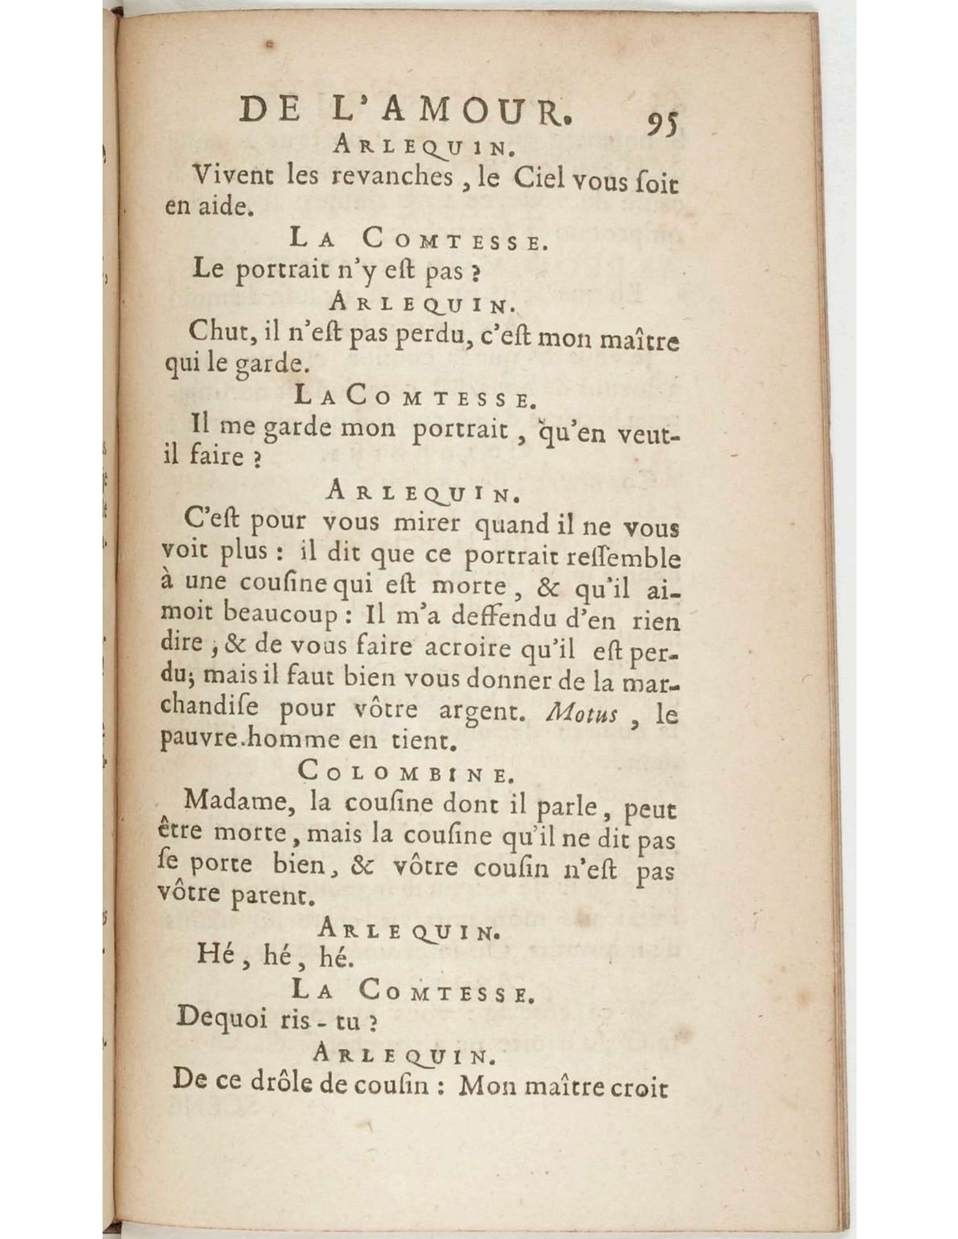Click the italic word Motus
point(580,713)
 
